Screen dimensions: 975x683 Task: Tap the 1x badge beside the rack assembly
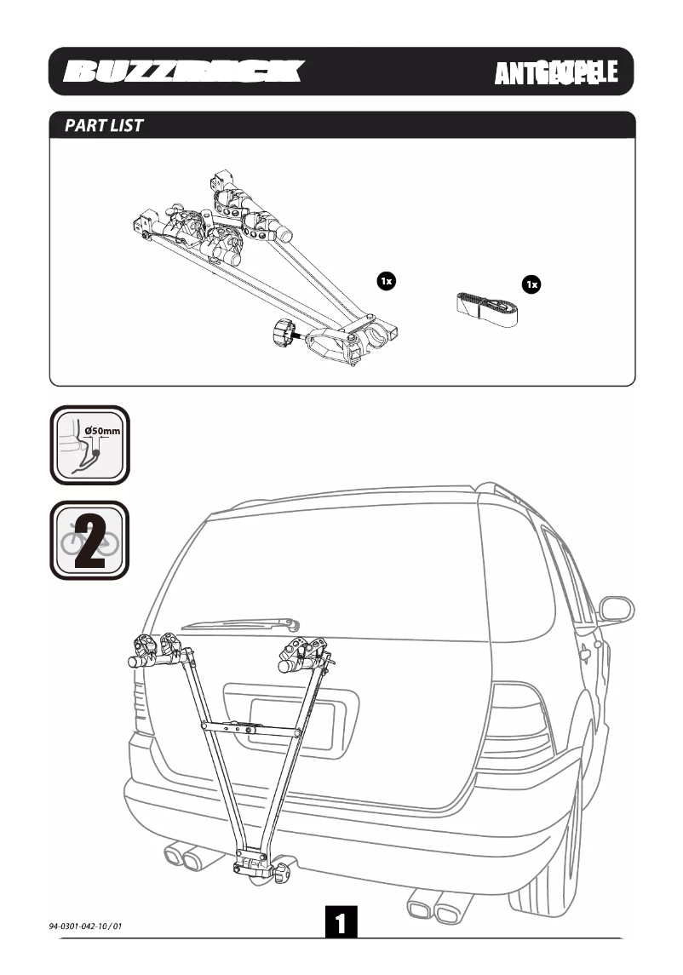point(385,280)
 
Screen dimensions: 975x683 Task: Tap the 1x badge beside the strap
point(532,284)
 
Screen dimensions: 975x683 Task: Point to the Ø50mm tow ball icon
point(89,444)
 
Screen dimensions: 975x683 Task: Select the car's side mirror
point(615,610)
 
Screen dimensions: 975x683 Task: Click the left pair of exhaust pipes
point(182,855)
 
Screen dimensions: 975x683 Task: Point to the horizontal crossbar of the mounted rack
point(250,728)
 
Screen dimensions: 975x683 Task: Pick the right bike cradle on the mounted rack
point(304,653)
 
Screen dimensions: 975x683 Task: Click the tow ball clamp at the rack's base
point(261,867)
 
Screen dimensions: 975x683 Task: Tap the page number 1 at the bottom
point(341,924)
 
